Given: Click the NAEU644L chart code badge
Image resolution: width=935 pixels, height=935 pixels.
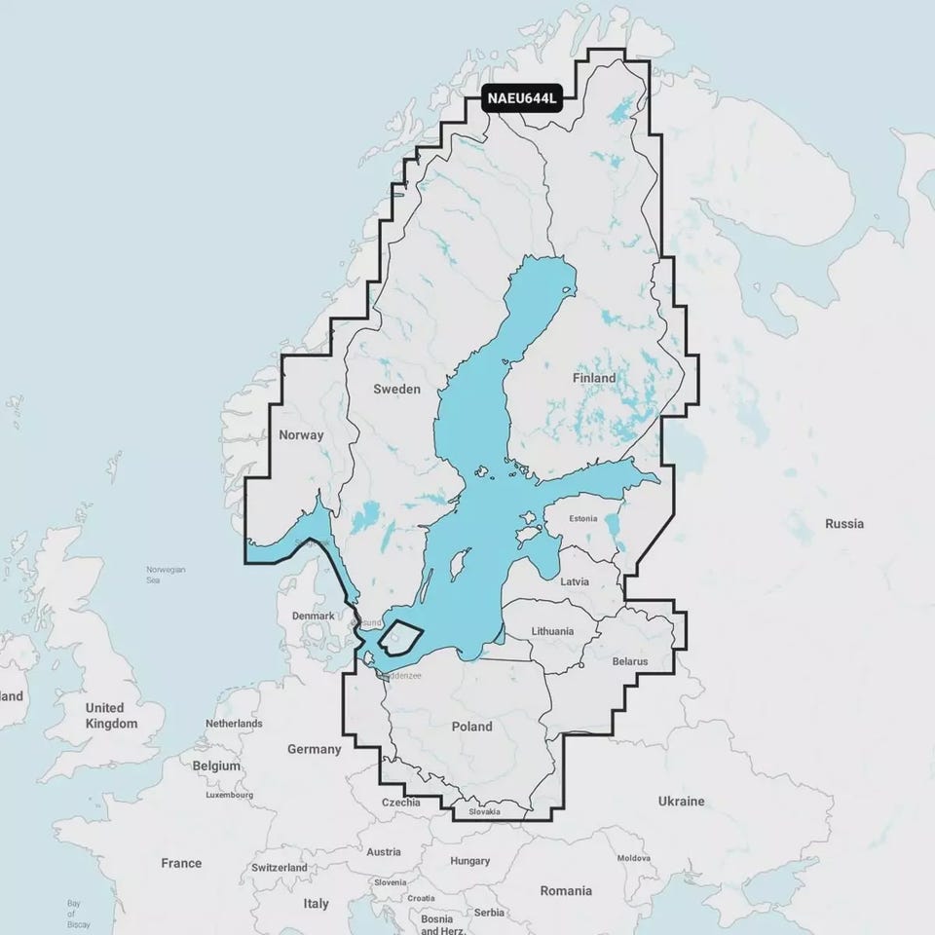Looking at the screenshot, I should [x=522, y=98].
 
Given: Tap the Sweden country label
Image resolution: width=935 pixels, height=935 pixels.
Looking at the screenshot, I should [x=396, y=389].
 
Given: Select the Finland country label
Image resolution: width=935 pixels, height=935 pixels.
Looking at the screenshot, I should [x=594, y=377].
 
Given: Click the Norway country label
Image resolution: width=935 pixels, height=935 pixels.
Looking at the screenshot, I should [x=300, y=435].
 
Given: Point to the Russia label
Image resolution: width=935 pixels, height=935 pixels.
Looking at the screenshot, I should [x=843, y=523].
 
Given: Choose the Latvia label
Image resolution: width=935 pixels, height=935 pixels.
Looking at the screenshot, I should [x=576, y=581].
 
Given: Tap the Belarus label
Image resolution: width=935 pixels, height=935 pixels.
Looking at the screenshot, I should [x=630, y=661].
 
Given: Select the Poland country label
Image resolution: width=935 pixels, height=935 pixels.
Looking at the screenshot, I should [x=471, y=727].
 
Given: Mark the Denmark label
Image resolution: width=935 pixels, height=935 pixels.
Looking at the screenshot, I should [x=314, y=617].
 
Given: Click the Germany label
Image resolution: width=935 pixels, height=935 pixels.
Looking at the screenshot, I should [x=314, y=749].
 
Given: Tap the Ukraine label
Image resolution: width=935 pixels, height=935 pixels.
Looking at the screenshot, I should [x=680, y=801].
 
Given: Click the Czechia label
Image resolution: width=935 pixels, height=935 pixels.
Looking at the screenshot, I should [x=401, y=803].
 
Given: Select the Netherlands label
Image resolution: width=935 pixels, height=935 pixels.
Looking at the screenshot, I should [x=234, y=724].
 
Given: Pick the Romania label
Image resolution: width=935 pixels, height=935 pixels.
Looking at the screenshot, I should [x=566, y=890].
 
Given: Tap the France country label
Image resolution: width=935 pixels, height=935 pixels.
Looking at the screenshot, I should [x=181, y=863].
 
